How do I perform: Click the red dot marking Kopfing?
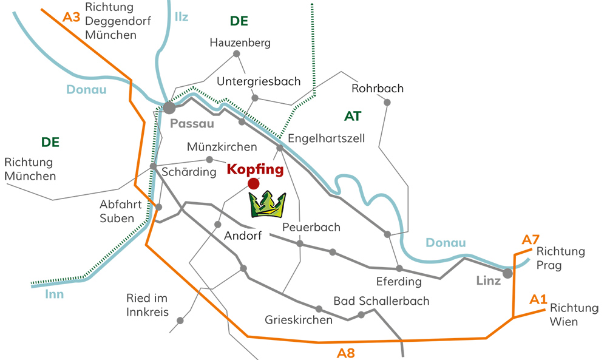(x=254, y=183)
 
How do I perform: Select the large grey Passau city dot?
(x=169, y=107)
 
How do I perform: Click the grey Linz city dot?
(x=507, y=273)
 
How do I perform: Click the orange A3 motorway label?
(x=72, y=17)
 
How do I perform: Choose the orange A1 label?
(x=538, y=299)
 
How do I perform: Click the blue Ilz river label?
(x=181, y=16)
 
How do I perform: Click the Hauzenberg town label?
(x=240, y=43)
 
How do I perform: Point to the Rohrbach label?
(x=378, y=89)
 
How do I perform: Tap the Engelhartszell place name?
(x=326, y=138)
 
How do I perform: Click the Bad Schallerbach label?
(x=381, y=301)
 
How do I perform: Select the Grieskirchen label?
(x=299, y=320)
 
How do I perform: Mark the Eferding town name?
(x=399, y=282)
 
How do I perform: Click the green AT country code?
(x=353, y=115)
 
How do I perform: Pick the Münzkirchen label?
(x=222, y=147)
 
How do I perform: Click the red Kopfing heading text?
(x=255, y=169)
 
